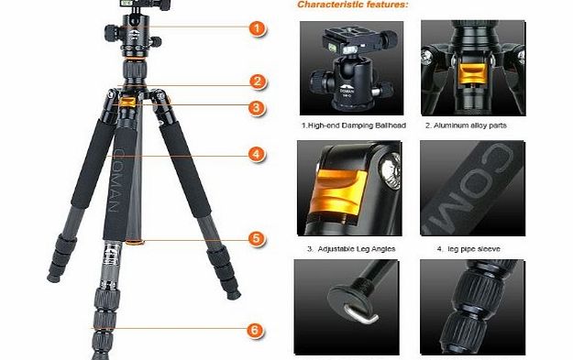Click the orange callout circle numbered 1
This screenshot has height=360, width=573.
point(259,28)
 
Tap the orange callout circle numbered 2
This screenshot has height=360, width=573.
point(259,82)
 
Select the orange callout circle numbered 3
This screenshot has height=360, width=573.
point(259,108)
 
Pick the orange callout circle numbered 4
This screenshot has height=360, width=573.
point(259,155)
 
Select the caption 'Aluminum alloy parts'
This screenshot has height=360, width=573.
point(465,125)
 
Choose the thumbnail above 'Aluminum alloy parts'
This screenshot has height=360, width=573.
point(468,64)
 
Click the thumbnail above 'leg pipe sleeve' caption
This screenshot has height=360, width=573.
point(468,187)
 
